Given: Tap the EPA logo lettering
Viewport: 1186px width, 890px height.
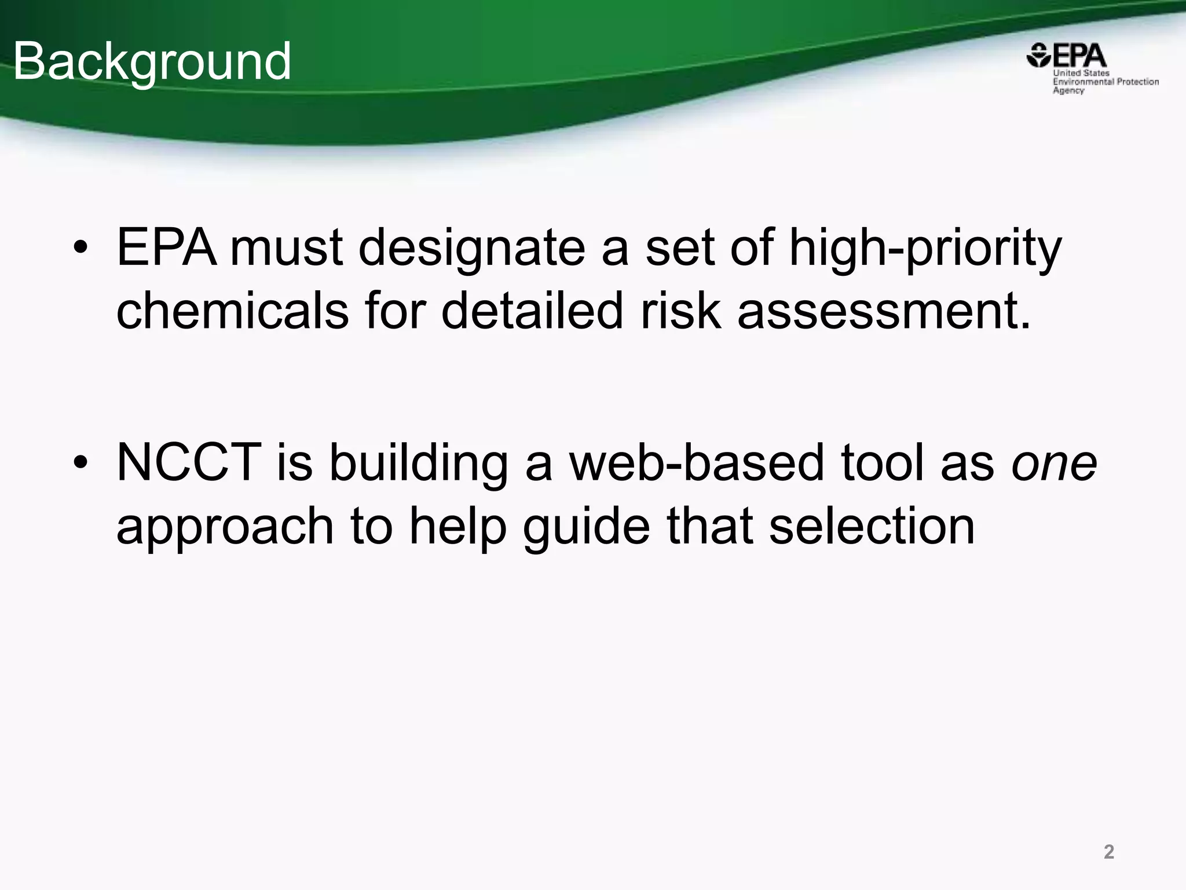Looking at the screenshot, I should pos(1078,56).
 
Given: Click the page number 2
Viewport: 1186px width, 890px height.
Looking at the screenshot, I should pos(1108,852).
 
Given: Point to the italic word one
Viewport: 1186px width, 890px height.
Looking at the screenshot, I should pos(1054,464).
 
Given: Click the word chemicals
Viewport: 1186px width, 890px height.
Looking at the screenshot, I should pos(232,311).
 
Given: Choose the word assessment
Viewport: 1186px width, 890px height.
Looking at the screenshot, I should pos(884,311).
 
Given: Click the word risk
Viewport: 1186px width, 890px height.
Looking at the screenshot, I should pos(681,311).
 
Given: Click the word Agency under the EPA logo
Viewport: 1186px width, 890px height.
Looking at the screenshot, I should pos(1068,91).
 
